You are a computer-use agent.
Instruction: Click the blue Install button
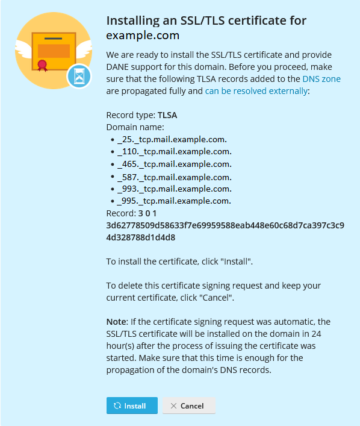tap(132, 406)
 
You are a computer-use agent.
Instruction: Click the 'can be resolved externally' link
tap(256, 91)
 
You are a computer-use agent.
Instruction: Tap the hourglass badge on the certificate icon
tap(78, 76)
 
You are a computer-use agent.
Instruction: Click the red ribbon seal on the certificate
tap(42, 64)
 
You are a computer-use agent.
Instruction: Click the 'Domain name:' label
tap(135, 127)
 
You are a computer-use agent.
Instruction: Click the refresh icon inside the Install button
tap(117, 406)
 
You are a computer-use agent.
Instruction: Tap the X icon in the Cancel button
tap(173, 406)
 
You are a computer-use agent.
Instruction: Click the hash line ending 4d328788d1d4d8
tap(141, 237)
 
